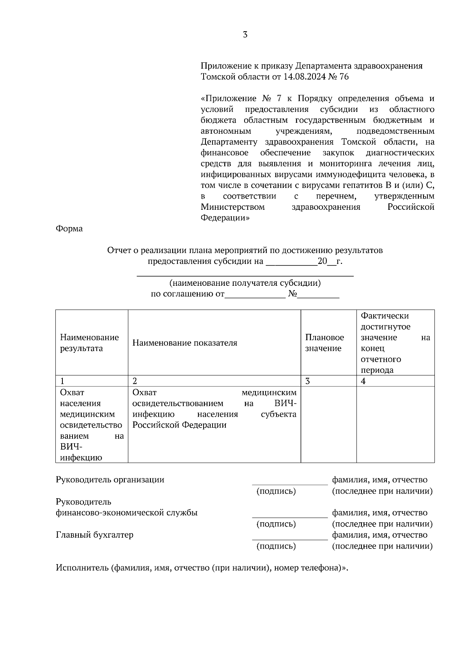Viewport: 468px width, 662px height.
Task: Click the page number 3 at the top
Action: (x=245, y=35)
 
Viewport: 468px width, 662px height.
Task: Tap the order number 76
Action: (x=344, y=77)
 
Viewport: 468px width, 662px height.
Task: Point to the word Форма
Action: (x=69, y=229)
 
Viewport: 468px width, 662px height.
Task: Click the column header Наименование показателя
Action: (x=185, y=343)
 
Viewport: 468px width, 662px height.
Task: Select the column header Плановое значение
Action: (x=324, y=343)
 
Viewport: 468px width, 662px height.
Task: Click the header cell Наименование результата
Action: (x=89, y=343)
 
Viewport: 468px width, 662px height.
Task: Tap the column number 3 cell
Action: (x=307, y=381)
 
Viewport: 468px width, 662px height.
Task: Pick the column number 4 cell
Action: (x=363, y=381)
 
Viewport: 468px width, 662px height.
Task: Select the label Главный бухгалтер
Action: (x=95, y=535)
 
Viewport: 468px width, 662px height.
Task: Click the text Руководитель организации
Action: (x=110, y=480)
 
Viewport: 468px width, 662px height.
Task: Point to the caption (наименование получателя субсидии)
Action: (x=245, y=283)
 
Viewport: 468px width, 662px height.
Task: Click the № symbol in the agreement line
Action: (x=292, y=294)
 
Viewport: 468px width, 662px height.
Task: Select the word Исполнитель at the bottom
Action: (x=82, y=568)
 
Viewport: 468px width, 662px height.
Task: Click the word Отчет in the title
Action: (x=119, y=250)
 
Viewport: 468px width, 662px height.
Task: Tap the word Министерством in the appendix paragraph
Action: (x=232, y=207)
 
